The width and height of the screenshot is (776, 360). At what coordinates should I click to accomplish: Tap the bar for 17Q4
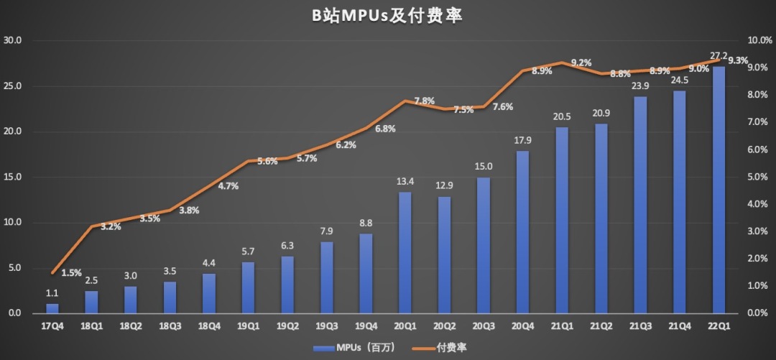[x=52, y=308]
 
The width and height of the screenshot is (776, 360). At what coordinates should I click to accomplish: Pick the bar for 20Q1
[x=405, y=252]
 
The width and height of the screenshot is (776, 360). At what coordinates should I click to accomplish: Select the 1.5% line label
[x=71, y=273]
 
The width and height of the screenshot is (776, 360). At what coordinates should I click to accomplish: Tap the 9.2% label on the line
[x=581, y=63]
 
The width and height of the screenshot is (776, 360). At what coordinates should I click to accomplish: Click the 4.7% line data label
[x=228, y=186]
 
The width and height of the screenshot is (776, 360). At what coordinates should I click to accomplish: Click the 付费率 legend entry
[x=439, y=348]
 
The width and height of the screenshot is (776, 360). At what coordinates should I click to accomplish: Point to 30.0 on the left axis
[x=14, y=40]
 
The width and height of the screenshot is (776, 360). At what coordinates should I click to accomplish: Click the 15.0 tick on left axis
[x=14, y=177]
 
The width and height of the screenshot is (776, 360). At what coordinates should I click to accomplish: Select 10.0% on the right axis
[x=759, y=40]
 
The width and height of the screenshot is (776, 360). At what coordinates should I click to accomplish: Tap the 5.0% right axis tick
[x=759, y=177]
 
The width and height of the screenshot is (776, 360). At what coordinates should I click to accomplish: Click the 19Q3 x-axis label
[x=327, y=326]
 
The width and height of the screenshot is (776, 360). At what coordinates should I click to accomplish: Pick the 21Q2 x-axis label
[x=601, y=326]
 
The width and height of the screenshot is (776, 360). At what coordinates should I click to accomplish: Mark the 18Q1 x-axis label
[x=91, y=326]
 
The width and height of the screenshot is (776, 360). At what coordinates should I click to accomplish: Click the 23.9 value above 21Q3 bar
[x=640, y=86]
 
